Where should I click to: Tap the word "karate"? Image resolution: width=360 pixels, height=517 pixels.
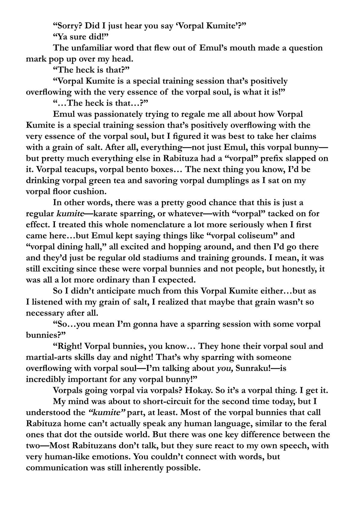coord(107,214)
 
